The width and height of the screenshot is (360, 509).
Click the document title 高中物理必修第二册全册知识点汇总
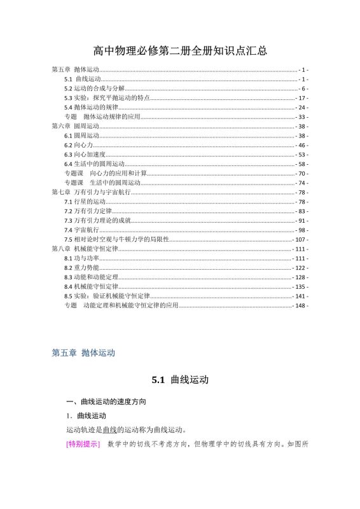(x=179, y=51)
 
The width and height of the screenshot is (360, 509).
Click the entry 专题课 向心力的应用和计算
(x=106, y=173)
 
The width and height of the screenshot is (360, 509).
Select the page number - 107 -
(x=300, y=239)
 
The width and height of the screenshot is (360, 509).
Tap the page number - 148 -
(x=300, y=305)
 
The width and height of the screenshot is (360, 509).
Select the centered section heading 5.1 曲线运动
(x=180, y=380)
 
